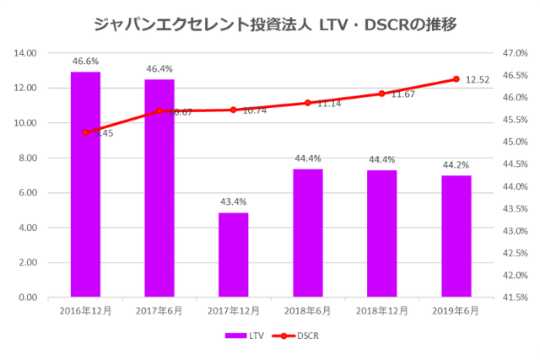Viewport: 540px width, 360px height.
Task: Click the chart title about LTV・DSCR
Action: (270, 23)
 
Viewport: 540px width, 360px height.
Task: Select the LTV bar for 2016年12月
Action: (85, 185)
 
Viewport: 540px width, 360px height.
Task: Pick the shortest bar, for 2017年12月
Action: (234, 255)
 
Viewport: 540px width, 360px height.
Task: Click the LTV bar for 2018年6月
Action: (308, 233)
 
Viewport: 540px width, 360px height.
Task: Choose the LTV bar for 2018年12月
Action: (381, 234)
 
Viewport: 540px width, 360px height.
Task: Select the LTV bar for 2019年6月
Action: (456, 236)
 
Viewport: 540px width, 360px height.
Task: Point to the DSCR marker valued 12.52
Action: (456, 79)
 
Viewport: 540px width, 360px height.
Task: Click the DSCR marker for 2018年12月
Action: (381, 94)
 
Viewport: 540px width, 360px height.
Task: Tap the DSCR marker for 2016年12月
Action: (85, 132)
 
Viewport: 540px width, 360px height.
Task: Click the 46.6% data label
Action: (85, 62)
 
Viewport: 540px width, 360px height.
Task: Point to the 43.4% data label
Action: (234, 202)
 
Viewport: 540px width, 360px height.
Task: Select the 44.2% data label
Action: (456, 165)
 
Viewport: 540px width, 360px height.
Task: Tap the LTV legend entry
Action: (245, 336)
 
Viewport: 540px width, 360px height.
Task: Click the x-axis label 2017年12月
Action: (234, 310)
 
